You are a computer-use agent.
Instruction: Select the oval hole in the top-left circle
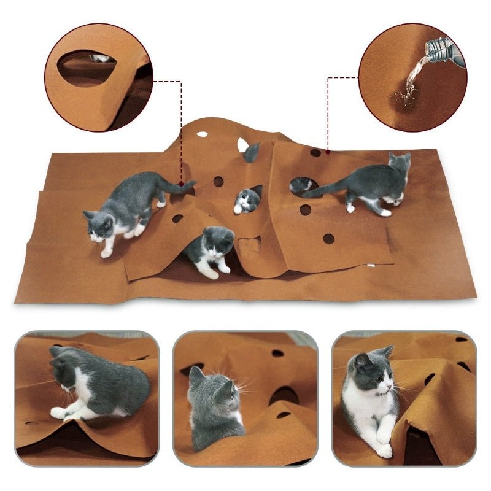tap(87, 68)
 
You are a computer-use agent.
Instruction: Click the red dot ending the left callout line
tap(182, 183)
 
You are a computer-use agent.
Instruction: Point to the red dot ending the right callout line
tap(328, 150)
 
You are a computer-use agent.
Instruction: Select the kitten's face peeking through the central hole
tap(247, 200)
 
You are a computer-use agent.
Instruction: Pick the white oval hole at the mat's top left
tap(202, 134)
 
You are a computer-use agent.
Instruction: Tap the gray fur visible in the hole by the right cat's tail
tap(301, 184)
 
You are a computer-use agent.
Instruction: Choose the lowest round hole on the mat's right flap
tap(329, 238)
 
